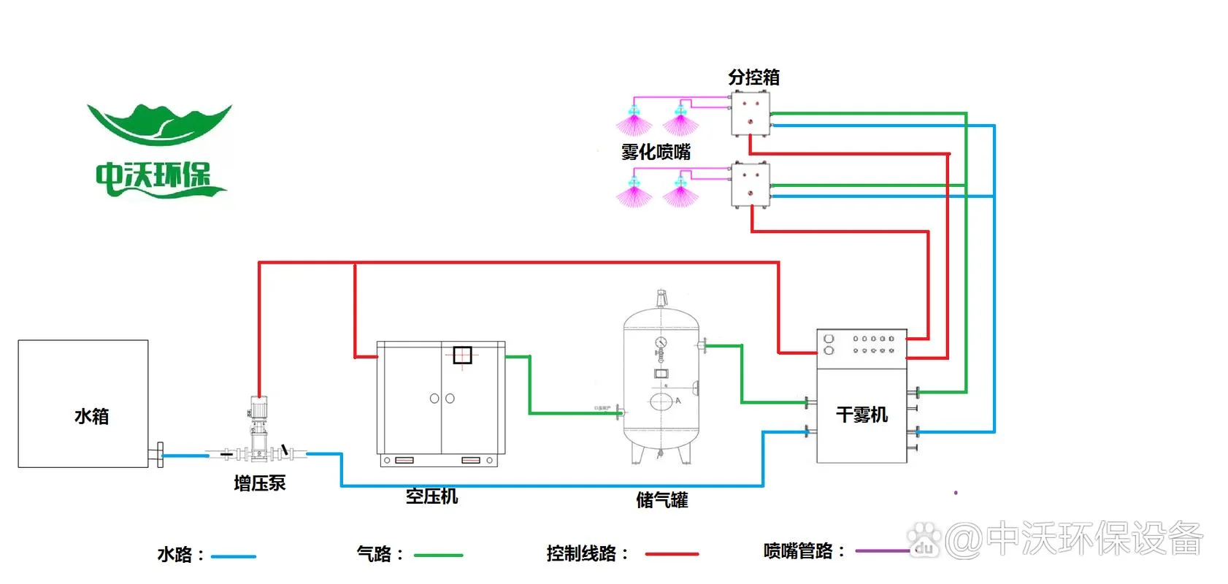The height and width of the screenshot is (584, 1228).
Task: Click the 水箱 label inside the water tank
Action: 91,416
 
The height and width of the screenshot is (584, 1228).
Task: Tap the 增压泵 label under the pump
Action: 260,483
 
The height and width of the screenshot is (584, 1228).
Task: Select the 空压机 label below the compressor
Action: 432,496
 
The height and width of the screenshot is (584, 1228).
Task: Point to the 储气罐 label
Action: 662,500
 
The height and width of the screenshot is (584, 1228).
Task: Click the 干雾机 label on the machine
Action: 861,415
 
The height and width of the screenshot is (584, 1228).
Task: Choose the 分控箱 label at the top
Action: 754,77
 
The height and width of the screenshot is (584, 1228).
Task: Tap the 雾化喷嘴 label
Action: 656,152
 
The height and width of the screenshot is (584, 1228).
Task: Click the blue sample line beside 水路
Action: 234,556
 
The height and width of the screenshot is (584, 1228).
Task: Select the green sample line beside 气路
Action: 439,556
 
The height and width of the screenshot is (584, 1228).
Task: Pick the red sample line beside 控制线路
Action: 672,554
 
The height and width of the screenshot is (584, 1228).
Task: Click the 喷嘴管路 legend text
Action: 798,551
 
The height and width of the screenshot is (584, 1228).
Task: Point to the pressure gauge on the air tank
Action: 661,342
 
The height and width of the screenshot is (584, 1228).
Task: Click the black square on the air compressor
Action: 463,355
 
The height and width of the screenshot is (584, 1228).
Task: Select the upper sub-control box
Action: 751,114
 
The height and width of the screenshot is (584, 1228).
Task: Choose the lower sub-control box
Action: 751,184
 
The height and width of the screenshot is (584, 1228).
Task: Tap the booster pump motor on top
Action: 258,407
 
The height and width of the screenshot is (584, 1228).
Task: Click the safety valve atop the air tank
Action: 661,299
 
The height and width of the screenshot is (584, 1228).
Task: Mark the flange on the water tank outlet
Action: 160,455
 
